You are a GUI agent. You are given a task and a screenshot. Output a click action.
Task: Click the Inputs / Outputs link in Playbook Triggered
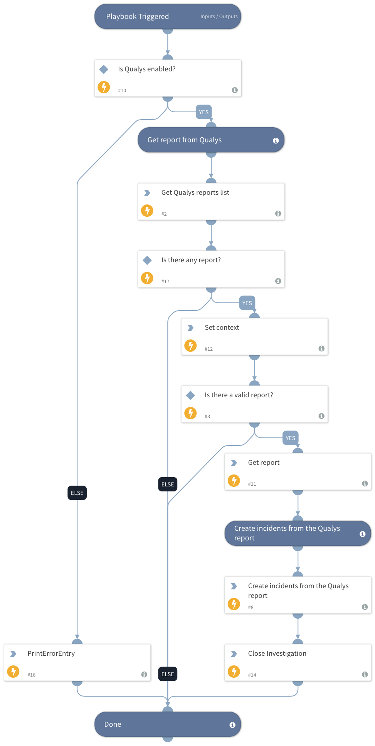pyautogui.click(x=219, y=17)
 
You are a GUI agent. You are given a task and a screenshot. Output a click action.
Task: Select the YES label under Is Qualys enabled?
pyautogui.click(x=203, y=112)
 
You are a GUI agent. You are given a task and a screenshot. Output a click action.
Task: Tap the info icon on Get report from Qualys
pyautogui.click(x=276, y=140)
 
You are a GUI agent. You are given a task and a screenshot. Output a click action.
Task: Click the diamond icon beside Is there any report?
pyautogui.click(x=147, y=260)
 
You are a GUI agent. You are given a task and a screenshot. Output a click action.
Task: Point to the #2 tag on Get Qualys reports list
pyautogui.click(x=164, y=214)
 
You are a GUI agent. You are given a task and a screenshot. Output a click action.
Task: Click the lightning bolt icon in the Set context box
pyautogui.click(x=190, y=346)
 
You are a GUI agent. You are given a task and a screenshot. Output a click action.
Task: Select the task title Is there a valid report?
pyautogui.click(x=239, y=395)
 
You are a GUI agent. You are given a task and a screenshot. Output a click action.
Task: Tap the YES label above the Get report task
pyautogui.click(x=290, y=438)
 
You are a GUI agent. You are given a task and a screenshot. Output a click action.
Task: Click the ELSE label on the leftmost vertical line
pyautogui.click(x=77, y=493)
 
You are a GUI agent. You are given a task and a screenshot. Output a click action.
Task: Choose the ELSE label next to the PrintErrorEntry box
pyautogui.click(x=168, y=674)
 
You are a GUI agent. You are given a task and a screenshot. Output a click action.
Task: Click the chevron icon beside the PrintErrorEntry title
pyautogui.click(x=13, y=654)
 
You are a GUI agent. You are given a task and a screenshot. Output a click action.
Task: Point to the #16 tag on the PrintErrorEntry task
pyautogui.click(x=32, y=675)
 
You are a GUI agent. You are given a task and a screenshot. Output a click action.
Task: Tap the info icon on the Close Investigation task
pyautogui.click(x=365, y=674)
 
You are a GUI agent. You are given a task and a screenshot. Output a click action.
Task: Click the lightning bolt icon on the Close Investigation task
pyautogui.click(x=234, y=672)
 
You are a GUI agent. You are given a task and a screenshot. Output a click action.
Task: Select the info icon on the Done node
pyautogui.click(x=232, y=725)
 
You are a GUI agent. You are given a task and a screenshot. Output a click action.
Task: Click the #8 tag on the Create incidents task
pyautogui.click(x=251, y=608)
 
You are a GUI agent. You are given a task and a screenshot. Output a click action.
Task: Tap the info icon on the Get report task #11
pyautogui.click(x=365, y=483)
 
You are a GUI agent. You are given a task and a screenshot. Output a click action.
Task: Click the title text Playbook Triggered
pyautogui.click(x=137, y=17)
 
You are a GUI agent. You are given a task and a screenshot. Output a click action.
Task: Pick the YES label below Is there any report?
pyautogui.click(x=247, y=303)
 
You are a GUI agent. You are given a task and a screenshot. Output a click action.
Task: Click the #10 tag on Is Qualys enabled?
pyautogui.click(x=122, y=91)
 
